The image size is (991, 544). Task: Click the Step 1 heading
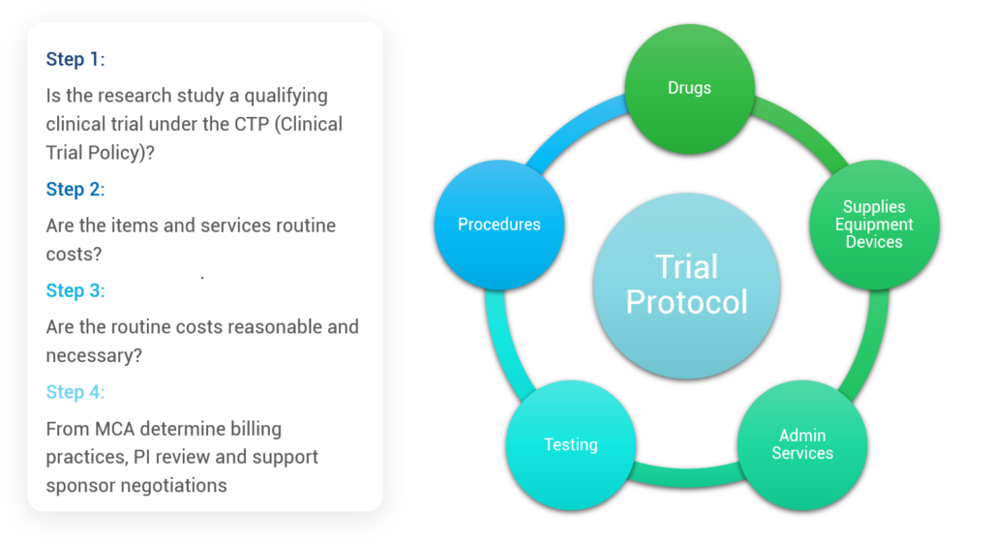click(x=75, y=59)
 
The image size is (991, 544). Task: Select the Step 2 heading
click(x=75, y=189)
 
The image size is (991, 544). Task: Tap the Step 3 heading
click(x=75, y=290)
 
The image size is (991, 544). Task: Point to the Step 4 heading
click(x=75, y=392)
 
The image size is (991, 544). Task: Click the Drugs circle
click(x=689, y=88)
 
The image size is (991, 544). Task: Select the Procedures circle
click(x=499, y=225)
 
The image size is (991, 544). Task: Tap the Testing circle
click(x=571, y=445)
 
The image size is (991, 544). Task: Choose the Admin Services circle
click(x=802, y=445)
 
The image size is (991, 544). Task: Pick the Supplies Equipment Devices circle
click(x=874, y=225)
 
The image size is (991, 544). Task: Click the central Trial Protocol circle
click(x=686, y=286)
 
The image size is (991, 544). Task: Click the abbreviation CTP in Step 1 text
click(x=252, y=124)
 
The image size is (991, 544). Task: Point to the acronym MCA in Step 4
click(x=115, y=429)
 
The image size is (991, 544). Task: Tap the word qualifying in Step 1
click(x=285, y=96)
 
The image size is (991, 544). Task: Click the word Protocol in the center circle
click(x=686, y=302)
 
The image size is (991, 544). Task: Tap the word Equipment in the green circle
click(x=874, y=225)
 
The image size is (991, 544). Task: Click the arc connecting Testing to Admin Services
click(x=687, y=476)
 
